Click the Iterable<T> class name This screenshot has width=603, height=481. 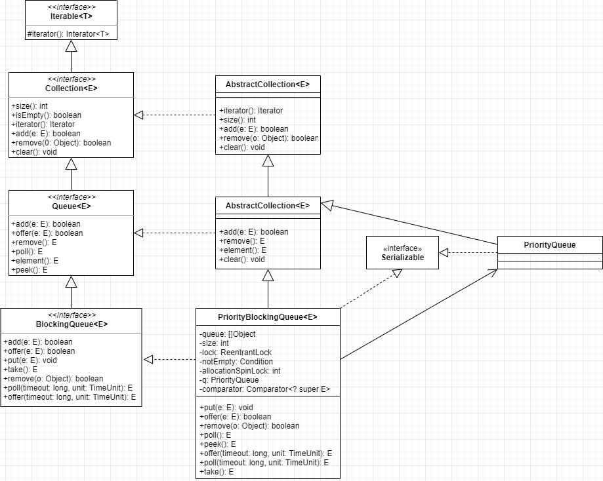pyautogui.click(x=71, y=16)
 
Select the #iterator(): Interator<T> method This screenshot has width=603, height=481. pyautogui.click(x=68, y=33)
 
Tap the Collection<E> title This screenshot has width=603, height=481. pyautogui.click(x=71, y=88)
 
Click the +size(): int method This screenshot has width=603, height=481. pyautogui.click(x=30, y=106)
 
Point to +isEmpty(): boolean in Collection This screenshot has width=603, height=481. pyautogui.click(x=46, y=115)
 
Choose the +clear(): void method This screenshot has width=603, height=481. pyautogui.click(x=34, y=152)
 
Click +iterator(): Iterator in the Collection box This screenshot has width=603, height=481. pyautogui.click(x=43, y=125)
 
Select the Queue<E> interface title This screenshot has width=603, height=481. pyautogui.click(x=71, y=206)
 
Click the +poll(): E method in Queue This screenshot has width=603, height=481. pyautogui.click(x=27, y=252)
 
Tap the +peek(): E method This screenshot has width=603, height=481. pyautogui.click(x=30, y=270)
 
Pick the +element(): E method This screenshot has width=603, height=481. pyautogui.click(x=35, y=261)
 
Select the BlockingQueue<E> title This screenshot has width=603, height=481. pyautogui.click(x=71, y=324)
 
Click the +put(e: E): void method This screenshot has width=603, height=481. pyautogui.click(x=30, y=360)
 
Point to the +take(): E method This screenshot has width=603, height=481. pyautogui.click(x=20, y=370)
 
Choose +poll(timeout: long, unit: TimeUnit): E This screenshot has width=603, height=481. pyautogui.click(x=68, y=388)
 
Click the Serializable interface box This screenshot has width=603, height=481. pyautogui.click(x=402, y=253)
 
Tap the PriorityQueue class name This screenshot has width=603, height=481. pyautogui.click(x=550, y=245)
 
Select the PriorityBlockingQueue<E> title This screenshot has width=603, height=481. pyautogui.click(x=268, y=317)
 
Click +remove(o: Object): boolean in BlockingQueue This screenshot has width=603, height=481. pyautogui.click(x=53, y=379)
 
